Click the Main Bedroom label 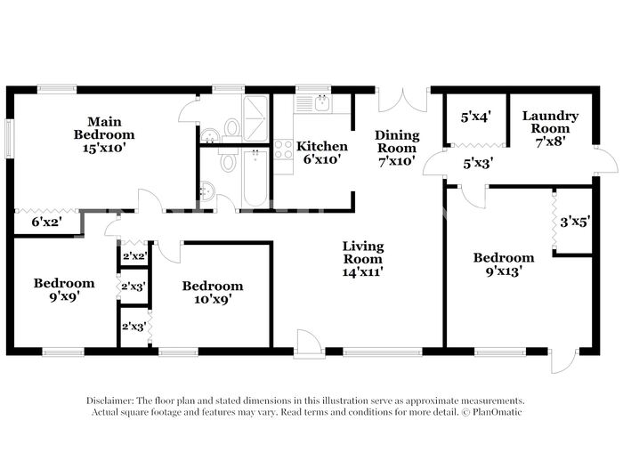point(104,134)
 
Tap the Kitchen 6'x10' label point(322,152)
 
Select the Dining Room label point(397,149)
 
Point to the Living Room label point(363,259)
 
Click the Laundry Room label point(550,129)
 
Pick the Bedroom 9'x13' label point(504,264)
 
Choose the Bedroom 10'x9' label point(213,292)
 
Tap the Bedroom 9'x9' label point(64,289)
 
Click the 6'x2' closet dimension point(46,222)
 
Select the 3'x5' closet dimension point(575,222)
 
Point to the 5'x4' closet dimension point(476,117)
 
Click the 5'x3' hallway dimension point(478,163)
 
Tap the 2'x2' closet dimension point(134,256)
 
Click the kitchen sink point(321,103)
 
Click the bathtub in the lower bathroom point(255,178)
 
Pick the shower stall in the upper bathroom point(255,118)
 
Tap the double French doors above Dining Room point(403,101)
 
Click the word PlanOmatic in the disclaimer point(497,412)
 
